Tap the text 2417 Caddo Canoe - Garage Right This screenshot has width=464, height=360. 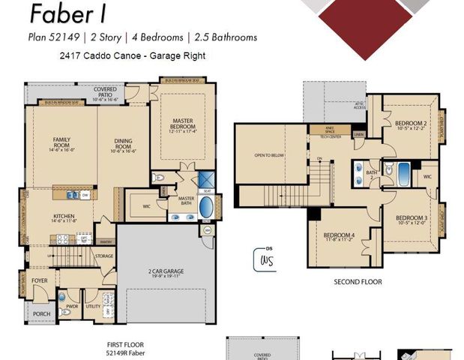point(132,55)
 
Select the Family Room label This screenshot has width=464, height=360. point(61,143)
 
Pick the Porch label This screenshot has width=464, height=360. point(42,313)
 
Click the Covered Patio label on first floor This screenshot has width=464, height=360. point(105,92)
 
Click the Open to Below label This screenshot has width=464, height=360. point(269,156)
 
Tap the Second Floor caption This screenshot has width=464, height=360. point(358,282)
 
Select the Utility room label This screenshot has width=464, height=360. point(93,307)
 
